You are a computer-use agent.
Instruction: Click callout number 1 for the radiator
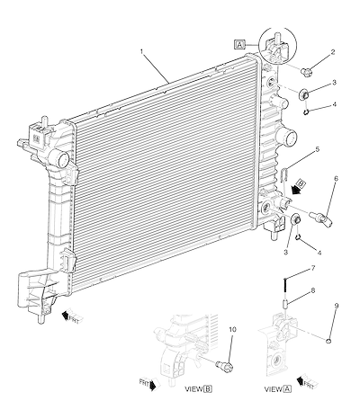(142, 51)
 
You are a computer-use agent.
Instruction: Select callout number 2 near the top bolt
(333, 52)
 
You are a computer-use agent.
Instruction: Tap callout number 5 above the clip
(317, 149)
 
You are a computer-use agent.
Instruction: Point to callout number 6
(336, 178)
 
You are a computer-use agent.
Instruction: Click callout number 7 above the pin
(313, 268)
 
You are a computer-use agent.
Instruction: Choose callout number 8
(313, 290)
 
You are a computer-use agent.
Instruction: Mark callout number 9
(337, 306)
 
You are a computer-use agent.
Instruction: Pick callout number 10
(232, 329)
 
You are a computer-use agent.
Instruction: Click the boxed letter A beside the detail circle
(239, 45)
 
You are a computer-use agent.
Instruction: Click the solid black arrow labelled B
(298, 186)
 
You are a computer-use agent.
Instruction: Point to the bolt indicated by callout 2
(306, 71)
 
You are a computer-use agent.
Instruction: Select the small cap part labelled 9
(328, 341)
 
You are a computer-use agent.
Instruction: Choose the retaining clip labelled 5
(284, 174)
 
